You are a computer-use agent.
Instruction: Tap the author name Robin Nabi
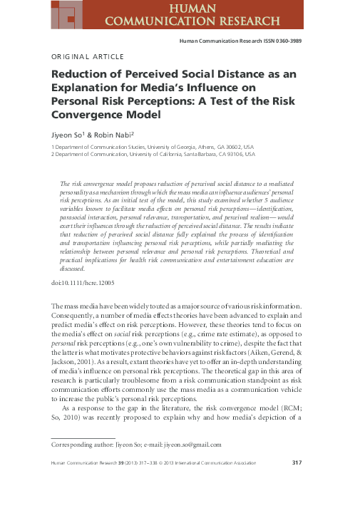point(110,133)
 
